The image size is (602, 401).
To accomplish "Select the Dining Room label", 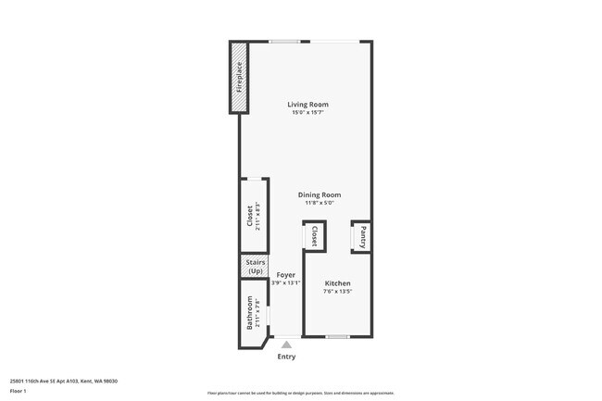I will point(319,194).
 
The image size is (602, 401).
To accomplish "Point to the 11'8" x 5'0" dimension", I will point(319,203).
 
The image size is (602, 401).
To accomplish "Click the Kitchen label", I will point(337,282).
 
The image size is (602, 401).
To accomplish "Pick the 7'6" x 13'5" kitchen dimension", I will point(337,291).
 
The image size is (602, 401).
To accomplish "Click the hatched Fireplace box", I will point(239,77).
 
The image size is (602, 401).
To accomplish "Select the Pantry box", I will point(363,235).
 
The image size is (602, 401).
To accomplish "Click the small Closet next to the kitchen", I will point(313,235).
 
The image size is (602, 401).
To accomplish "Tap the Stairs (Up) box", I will point(255,266).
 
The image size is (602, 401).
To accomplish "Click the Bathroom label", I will point(249,313).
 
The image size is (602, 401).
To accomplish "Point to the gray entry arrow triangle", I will point(286,345).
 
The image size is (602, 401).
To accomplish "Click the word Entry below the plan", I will point(286,356).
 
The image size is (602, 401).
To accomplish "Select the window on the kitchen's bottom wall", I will point(337,335).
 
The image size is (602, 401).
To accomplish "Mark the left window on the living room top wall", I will point(283,41).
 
